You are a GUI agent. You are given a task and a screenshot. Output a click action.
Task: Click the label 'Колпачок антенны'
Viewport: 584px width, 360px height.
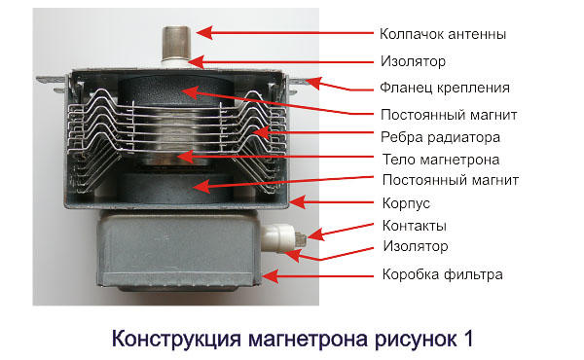click(443, 34)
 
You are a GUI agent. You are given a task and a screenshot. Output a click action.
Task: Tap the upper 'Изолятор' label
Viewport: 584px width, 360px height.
click(413, 61)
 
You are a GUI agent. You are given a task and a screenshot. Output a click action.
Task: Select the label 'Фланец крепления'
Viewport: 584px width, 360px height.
click(445, 88)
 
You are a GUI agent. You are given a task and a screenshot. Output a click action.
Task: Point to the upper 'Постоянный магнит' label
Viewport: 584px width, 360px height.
click(449, 114)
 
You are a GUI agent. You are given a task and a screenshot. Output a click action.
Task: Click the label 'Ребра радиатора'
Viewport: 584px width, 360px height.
click(440, 137)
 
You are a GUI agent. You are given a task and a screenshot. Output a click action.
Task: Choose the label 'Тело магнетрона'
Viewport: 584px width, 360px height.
click(441, 160)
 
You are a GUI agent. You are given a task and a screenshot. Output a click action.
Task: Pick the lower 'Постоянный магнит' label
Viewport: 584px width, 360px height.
click(451, 180)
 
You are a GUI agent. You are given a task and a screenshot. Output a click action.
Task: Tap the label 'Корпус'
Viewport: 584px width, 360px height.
click(406, 203)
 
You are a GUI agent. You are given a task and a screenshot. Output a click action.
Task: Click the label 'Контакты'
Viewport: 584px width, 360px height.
click(415, 226)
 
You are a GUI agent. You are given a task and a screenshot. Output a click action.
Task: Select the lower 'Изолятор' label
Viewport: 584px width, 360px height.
click(416, 246)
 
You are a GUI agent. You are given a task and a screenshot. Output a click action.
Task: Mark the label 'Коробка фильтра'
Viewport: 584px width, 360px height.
click(443, 274)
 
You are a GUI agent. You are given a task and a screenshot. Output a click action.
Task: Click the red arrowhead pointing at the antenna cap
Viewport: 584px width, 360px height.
click(204, 33)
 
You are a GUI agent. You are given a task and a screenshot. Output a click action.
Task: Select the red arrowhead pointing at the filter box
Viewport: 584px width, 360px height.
click(270, 276)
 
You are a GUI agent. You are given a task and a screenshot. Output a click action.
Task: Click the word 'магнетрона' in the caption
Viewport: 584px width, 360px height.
click(308, 340)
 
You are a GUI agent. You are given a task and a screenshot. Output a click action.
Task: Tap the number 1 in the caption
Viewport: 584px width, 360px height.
click(468, 339)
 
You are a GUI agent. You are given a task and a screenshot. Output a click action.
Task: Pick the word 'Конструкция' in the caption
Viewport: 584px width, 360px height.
click(176, 340)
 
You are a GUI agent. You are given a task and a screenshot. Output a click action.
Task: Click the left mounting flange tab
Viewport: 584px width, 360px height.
click(53, 83)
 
